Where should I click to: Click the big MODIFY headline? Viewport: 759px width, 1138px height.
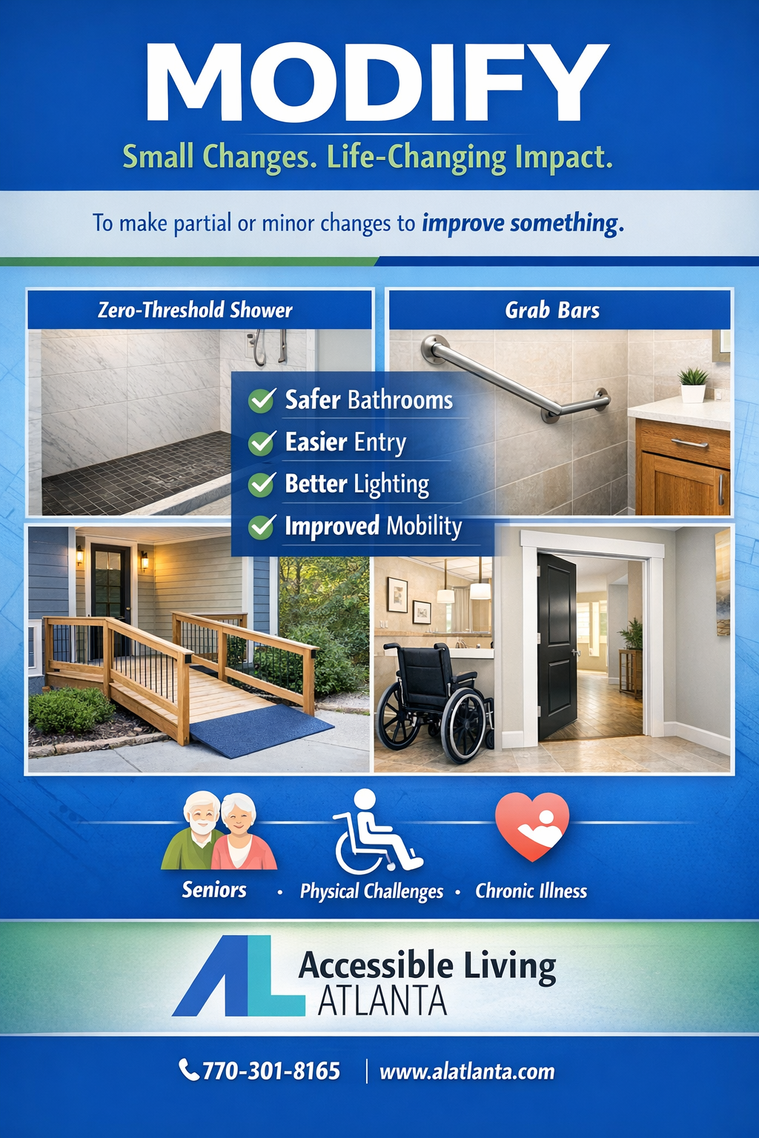point(378,83)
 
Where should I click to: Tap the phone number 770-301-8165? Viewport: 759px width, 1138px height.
point(271,1071)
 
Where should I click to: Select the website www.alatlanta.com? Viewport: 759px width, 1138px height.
point(467,1072)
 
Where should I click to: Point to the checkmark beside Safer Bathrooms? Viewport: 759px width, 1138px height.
point(262,401)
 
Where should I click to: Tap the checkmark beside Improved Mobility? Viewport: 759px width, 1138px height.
point(262,527)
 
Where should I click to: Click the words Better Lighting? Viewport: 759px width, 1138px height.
point(357,485)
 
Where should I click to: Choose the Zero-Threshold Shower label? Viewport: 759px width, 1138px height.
point(195,310)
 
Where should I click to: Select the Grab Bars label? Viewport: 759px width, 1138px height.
point(552,310)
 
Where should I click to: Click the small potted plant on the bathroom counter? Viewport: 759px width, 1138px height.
point(694,384)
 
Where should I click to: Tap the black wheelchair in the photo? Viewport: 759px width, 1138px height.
point(434,700)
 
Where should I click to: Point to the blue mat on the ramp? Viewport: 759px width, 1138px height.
point(259,729)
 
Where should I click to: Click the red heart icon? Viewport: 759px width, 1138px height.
point(532,825)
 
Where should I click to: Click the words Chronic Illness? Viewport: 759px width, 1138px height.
point(531,891)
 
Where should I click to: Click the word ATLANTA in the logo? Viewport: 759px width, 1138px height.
point(382,1001)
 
